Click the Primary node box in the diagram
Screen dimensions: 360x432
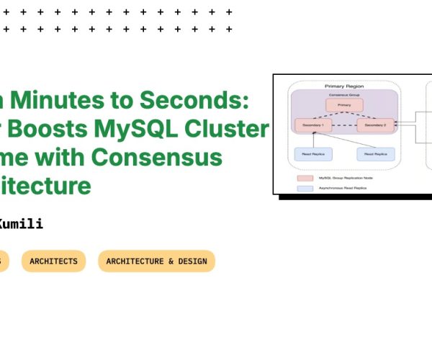click(x=344, y=105)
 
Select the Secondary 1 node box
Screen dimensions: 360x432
click(x=313, y=125)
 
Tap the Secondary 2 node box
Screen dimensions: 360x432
click(x=375, y=125)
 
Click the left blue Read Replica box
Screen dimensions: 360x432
click(x=313, y=153)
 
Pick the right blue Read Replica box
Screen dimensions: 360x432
click(x=375, y=153)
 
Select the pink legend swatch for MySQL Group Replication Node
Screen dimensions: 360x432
click(x=304, y=176)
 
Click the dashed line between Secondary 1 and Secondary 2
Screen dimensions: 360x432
click(x=344, y=126)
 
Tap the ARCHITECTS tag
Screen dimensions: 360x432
click(x=53, y=261)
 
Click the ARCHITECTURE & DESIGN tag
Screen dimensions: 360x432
click(x=156, y=261)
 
